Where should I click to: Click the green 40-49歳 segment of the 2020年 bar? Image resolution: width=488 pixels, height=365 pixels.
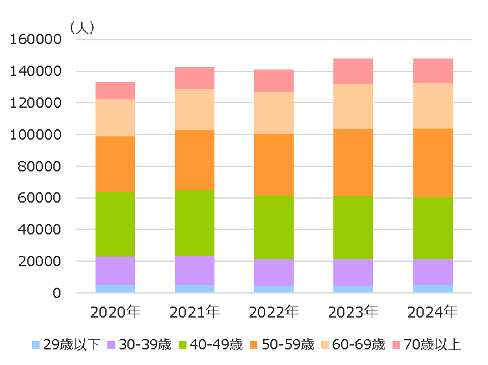tap(115, 224)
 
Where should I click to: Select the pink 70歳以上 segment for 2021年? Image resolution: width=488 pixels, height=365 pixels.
tap(194, 78)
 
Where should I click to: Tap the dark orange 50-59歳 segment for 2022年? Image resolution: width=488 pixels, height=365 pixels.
tap(274, 164)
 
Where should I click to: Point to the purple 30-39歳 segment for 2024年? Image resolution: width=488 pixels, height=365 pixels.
tap(433, 272)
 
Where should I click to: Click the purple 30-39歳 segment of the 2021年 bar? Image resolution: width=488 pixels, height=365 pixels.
tap(194, 270)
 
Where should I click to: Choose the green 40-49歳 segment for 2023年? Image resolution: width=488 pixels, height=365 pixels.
tap(353, 227)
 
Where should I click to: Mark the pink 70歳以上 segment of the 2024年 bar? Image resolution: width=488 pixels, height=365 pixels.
tap(433, 71)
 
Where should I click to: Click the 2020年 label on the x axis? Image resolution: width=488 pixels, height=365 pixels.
tap(115, 312)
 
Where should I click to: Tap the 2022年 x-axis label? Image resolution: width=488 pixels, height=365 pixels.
tap(274, 312)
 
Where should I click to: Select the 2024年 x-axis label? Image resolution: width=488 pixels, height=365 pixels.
tap(433, 312)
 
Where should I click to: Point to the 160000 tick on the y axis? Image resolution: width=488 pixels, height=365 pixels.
tap(36, 40)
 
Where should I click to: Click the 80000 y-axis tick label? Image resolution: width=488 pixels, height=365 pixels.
tap(40, 166)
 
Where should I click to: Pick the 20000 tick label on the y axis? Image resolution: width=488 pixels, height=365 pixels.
tap(40, 262)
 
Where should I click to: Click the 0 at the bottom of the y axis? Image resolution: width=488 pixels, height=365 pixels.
tap(57, 294)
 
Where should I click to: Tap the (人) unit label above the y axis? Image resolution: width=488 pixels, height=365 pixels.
tap(83, 28)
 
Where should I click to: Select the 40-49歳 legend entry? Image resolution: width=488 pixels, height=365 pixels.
tap(211, 344)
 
